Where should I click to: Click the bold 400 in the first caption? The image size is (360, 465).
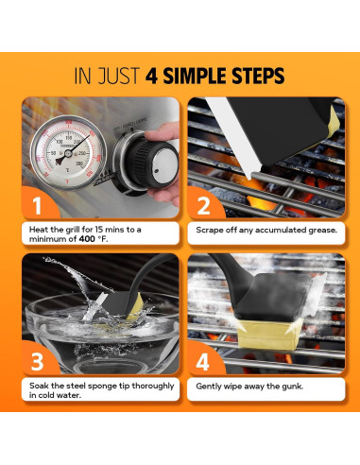click(x=87, y=239)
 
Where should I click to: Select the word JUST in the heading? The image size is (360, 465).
click(x=118, y=76)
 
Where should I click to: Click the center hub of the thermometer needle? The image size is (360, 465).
click(x=68, y=153)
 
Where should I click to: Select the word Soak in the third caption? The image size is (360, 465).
click(x=39, y=386)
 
